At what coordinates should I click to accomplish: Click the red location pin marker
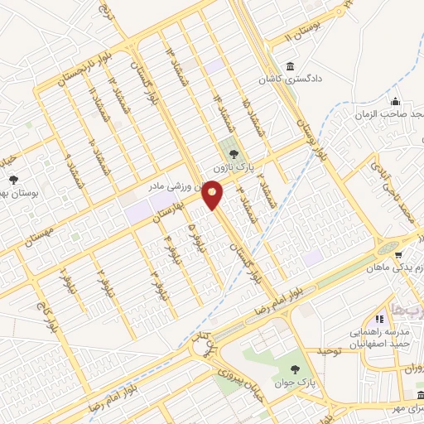point(214,196)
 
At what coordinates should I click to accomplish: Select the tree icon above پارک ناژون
point(233,153)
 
